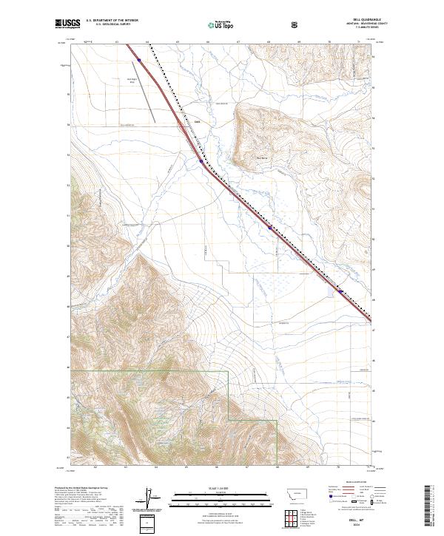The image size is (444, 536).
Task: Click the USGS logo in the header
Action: pos(65,24)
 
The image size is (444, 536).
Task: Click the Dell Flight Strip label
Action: pos(134,81)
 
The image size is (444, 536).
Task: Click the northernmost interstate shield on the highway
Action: pos(139,51)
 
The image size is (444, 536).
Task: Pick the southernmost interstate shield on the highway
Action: pos(340,291)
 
